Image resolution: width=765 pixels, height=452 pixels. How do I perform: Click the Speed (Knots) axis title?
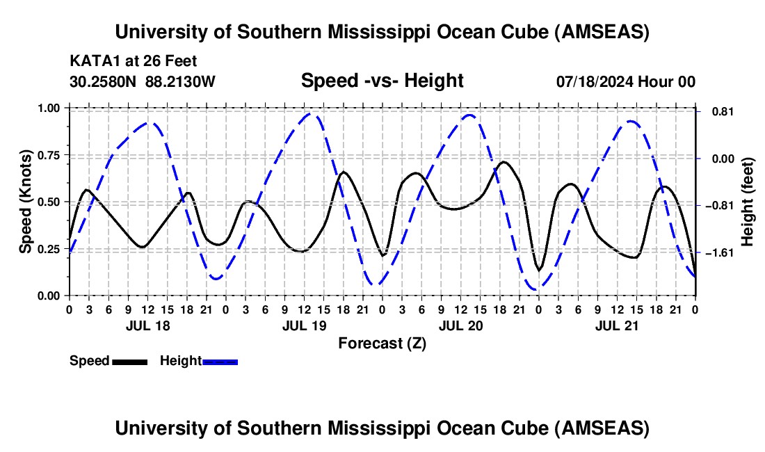tap(26, 202)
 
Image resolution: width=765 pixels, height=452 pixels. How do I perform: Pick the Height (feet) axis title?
tap(748, 202)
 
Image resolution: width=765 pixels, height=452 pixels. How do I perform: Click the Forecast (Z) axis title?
tap(382, 343)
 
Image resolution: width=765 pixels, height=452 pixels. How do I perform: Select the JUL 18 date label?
tap(147, 325)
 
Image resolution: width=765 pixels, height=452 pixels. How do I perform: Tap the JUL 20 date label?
tap(460, 325)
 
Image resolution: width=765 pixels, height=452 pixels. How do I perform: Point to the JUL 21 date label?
tap(616, 325)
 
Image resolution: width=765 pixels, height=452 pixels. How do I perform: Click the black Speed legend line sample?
tap(129, 361)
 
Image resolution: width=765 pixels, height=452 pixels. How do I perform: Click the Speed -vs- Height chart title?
tap(382, 81)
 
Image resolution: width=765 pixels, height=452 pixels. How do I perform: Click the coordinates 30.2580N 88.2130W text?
tap(143, 81)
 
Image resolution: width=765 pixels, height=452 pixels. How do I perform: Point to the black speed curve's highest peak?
tap(504, 162)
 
